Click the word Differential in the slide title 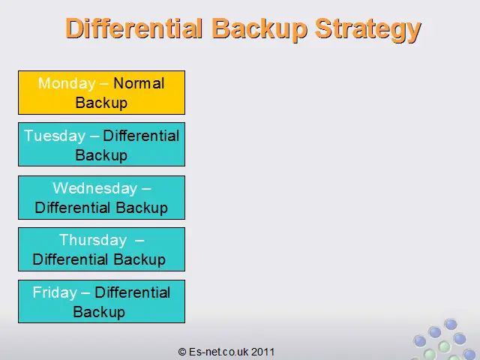(x=134, y=28)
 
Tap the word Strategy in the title (x=368, y=30)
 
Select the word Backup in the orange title (x=259, y=30)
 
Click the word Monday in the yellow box (x=67, y=83)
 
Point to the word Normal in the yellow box (x=139, y=83)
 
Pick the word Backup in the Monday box (x=101, y=103)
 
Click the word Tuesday (x=55, y=136)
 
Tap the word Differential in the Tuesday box (x=141, y=136)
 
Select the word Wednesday (x=95, y=188)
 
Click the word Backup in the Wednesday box (x=142, y=208)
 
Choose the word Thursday (x=93, y=240)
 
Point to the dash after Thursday (x=139, y=241)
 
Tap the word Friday (x=55, y=292)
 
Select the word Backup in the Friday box (x=99, y=312)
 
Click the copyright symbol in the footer (x=182, y=352)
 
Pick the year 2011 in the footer (x=263, y=352)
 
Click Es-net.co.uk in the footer (x=219, y=352)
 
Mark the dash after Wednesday (x=146, y=189)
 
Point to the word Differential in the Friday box (x=133, y=292)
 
